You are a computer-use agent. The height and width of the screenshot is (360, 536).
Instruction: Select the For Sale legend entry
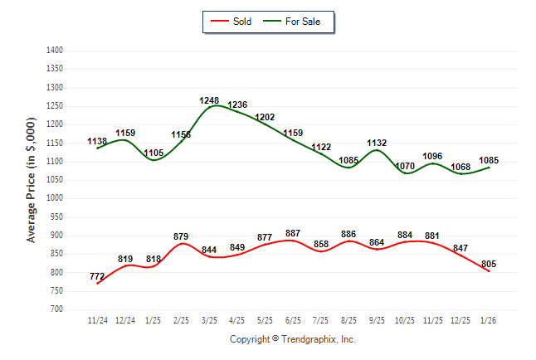click(x=302, y=22)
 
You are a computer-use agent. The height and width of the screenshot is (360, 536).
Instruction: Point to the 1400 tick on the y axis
click(x=55, y=51)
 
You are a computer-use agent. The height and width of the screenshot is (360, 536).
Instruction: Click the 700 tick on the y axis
click(x=56, y=309)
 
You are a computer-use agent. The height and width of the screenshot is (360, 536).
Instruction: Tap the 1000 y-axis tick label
click(x=55, y=198)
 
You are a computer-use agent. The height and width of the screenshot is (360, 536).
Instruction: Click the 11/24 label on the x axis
click(x=98, y=320)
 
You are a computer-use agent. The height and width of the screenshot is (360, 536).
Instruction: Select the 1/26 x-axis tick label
click(x=488, y=320)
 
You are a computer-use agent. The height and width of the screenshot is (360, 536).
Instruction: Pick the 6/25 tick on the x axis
click(x=293, y=320)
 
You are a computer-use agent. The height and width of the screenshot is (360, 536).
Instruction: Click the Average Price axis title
click(x=32, y=179)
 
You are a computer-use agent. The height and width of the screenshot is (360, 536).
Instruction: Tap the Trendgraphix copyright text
click(x=292, y=339)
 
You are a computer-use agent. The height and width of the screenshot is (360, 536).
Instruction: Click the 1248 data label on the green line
click(x=209, y=100)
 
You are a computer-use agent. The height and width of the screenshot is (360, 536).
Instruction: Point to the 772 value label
click(x=98, y=275)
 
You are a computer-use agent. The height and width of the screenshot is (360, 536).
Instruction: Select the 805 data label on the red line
click(x=488, y=264)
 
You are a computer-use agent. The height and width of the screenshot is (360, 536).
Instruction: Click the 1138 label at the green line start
click(x=98, y=142)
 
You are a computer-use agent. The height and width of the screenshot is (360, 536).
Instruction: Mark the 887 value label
click(x=293, y=233)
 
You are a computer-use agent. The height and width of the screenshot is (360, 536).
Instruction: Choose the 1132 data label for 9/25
click(x=377, y=143)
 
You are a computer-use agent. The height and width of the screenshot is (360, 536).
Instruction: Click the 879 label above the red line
click(x=182, y=236)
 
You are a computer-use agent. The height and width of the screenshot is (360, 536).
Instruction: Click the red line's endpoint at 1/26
click(x=488, y=271)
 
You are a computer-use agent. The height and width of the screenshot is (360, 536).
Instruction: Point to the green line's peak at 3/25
click(x=213, y=105)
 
